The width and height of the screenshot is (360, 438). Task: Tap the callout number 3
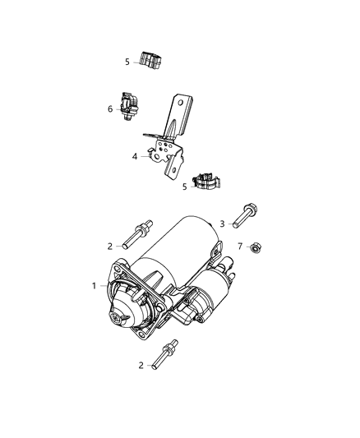[222, 223]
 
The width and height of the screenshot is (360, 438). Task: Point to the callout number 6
[110, 108]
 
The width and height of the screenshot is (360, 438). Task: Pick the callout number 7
[240, 246]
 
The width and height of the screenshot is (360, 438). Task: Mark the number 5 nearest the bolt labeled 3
[185, 187]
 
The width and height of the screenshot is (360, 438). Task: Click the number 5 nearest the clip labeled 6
[127, 61]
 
